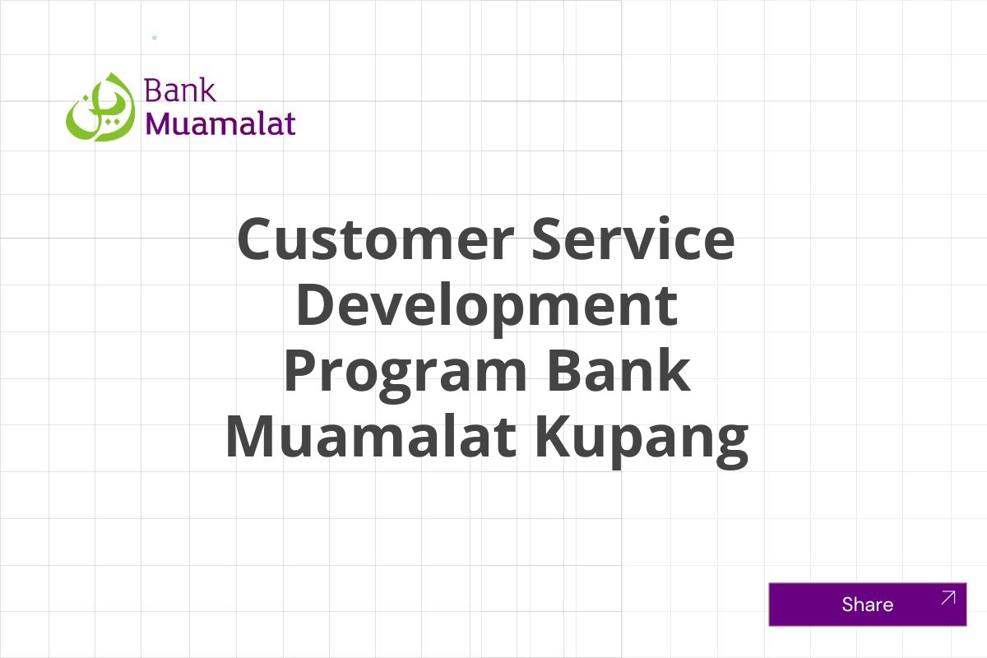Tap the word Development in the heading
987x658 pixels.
486,304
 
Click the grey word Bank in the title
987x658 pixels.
618,370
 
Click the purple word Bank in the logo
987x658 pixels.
179,90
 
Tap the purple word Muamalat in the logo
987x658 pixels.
220,123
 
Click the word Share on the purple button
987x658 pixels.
867,605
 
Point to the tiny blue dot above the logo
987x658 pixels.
155,38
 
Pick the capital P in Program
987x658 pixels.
304,370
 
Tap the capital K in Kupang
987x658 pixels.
557,436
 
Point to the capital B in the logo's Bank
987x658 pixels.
151,90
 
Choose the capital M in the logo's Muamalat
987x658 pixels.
160,123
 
